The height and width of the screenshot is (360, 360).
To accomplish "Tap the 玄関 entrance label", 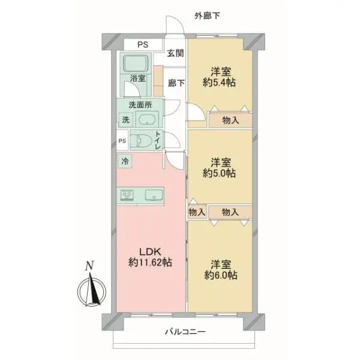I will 176,53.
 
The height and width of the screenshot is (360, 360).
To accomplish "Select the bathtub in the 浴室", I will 139,63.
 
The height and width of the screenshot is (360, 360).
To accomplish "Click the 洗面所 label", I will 139,104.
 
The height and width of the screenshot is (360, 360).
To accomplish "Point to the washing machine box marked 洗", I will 125,119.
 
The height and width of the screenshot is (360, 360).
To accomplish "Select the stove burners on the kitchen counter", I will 129,195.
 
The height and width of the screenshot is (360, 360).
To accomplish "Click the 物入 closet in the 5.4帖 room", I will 230,120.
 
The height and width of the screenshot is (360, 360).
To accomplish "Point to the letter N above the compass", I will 89,266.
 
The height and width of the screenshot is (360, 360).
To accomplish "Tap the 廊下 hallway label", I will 176,83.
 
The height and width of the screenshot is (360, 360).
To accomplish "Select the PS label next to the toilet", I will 122,142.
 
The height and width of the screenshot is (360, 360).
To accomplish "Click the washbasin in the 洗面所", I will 147,119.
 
